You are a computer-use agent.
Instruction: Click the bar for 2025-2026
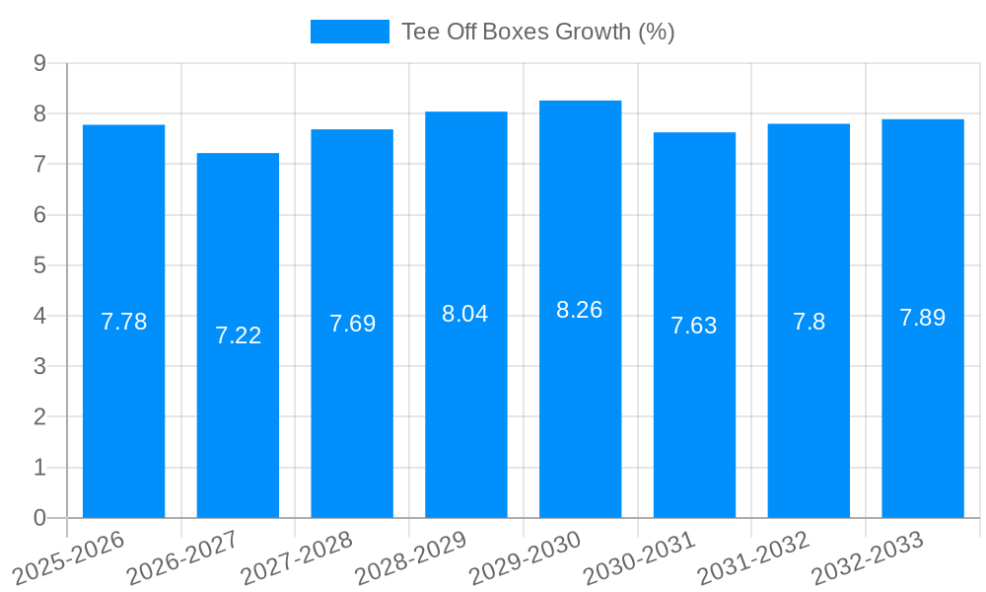tap(123, 321)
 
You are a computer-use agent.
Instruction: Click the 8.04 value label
tap(465, 314)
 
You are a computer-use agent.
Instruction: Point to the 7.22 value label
tap(238, 335)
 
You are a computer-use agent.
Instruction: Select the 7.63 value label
tap(694, 326)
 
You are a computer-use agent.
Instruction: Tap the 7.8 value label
tap(809, 322)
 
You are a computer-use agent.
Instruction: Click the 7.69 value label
tap(352, 323)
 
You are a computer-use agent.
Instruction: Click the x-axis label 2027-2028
tap(295, 557)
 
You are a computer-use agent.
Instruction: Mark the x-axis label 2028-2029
tap(409, 557)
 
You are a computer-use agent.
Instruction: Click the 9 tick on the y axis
tap(39, 63)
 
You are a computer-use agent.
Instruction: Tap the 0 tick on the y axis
tap(39, 518)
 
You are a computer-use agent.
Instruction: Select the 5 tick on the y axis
tap(39, 265)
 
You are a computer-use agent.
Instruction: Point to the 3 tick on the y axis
tap(39, 366)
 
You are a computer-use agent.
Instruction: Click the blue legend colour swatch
tap(349, 32)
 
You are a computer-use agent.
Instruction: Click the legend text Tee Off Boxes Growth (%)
tap(537, 32)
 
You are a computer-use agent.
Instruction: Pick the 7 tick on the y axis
tap(39, 164)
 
